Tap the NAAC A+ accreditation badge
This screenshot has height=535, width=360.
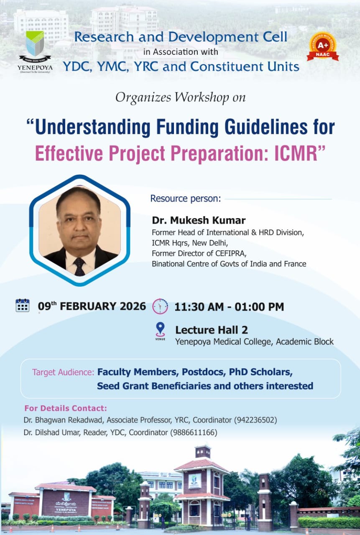click(x=323, y=46)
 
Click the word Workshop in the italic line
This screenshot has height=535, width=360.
click(x=202, y=98)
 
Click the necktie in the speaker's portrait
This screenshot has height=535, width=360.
click(x=79, y=267)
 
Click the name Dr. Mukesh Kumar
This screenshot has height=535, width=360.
click(x=199, y=220)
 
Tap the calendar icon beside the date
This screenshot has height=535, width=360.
click(x=23, y=305)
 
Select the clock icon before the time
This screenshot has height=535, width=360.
click(x=160, y=306)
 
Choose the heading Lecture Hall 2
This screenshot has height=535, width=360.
click(x=212, y=330)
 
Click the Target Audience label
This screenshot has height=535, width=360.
click(x=63, y=372)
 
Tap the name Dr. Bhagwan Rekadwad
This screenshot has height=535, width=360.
click(x=63, y=420)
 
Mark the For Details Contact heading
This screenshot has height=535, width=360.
click(x=66, y=408)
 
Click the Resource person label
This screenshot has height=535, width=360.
click(x=185, y=199)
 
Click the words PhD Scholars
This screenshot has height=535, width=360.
click(x=260, y=372)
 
